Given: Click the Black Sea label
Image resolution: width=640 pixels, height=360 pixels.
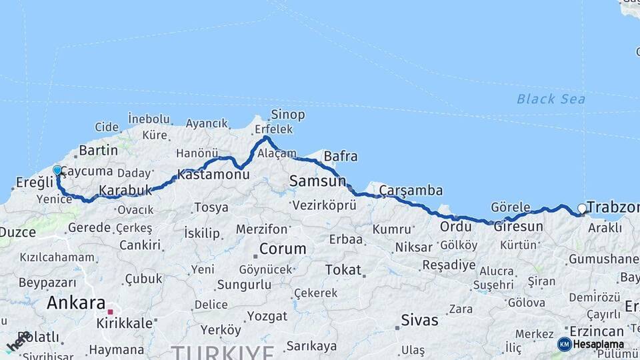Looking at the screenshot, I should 551,99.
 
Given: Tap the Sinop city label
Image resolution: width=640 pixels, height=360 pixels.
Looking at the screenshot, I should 288,115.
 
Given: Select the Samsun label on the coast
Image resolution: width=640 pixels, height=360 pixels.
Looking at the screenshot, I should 317,181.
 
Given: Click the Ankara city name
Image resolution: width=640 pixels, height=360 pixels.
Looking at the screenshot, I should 76,303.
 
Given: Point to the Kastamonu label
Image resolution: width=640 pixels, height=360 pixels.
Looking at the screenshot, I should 213,175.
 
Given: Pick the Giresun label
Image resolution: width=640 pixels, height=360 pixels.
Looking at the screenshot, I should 518,227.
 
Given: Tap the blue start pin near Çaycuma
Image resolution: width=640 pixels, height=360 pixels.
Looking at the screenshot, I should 57,171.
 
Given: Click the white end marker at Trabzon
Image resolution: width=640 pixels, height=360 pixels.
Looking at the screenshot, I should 582,209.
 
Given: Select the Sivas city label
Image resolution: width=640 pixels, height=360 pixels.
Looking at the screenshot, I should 420,321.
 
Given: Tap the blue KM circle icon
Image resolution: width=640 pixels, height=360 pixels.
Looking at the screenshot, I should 564,344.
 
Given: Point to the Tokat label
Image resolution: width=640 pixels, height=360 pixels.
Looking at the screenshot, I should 343,270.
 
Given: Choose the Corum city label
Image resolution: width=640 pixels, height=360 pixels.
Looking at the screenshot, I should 283,249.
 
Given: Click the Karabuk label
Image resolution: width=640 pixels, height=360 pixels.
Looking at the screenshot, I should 126,191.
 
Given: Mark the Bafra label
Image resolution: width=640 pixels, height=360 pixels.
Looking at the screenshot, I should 340,157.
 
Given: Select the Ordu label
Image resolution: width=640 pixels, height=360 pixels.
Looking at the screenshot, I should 455,227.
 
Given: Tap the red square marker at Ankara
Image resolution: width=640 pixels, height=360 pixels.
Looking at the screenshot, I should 111,311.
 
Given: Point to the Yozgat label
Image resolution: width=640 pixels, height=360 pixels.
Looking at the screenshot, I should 267,316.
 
